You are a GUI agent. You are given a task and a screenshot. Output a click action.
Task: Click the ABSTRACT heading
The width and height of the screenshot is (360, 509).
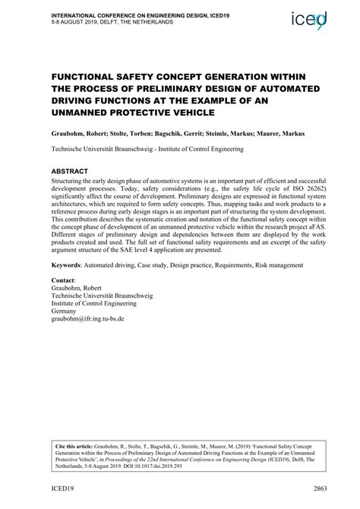(70, 172)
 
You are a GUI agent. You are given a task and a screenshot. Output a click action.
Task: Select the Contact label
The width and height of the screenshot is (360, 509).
(62, 281)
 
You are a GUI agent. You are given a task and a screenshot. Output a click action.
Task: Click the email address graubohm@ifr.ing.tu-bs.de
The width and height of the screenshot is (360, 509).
(86, 318)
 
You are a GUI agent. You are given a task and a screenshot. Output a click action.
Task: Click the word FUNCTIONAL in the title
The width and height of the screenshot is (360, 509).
(87, 77)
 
